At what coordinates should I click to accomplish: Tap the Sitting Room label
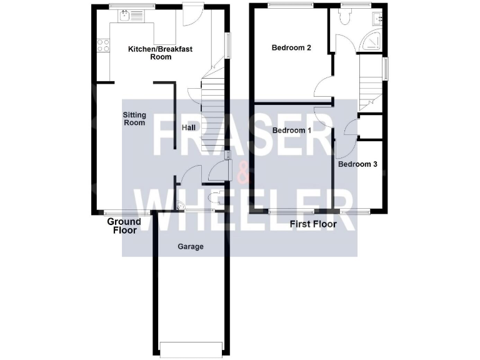134,118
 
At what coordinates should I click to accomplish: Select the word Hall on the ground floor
189,127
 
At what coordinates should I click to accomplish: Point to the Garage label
191,246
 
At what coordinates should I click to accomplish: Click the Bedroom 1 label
291,131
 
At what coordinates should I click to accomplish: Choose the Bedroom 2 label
291,47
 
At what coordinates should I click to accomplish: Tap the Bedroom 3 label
357,165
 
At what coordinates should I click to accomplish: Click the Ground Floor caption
124,226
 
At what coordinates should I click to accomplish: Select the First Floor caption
314,224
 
